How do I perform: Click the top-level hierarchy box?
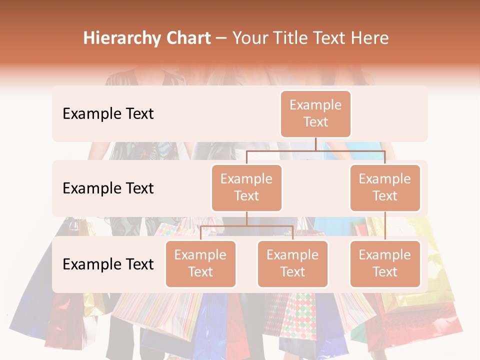[x=315, y=114]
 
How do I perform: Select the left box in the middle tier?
[x=246, y=188]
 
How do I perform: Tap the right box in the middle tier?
[x=385, y=188]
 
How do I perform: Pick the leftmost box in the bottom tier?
[x=200, y=264]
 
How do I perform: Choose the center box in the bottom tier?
[x=292, y=264]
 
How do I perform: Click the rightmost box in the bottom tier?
[x=385, y=264]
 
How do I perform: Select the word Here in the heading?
[x=370, y=38]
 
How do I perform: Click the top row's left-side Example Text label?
[x=108, y=114]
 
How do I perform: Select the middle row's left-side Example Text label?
[x=108, y=188]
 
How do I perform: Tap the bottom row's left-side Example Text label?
[x=108, y=264]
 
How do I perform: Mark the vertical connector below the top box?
[x=315, y=144]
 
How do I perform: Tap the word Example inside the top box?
[x=315, y=105]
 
